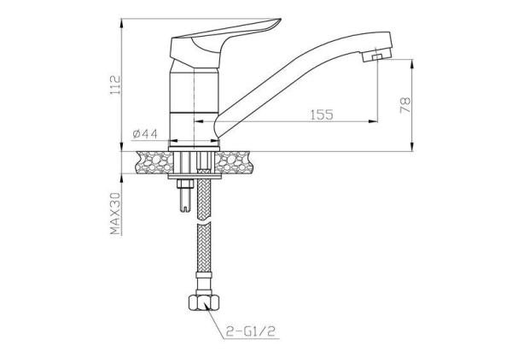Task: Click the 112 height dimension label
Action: pos(115,85)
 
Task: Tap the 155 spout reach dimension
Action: pos(322,114)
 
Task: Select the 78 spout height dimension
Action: pos(405,105)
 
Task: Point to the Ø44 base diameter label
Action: pos(145,133)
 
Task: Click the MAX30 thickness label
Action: pos(115,214)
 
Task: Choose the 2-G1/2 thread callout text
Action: pos(251,331)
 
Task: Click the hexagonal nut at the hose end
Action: pos(203,302)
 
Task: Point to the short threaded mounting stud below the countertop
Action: pos(184,195)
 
